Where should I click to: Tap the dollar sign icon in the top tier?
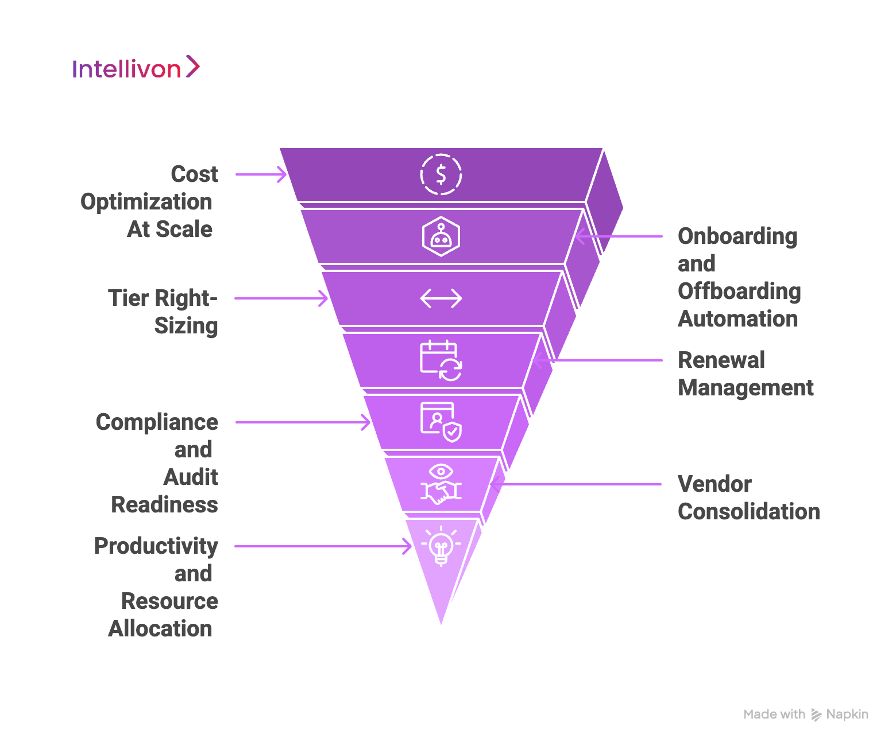pos(441,174)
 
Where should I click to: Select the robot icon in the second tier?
pos(441,236)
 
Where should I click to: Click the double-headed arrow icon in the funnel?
pos(441,298)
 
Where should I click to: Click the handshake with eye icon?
pos(441,484)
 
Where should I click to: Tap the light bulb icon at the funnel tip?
pos(441,546)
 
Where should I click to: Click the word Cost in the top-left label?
pos(194,174)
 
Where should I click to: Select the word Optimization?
pos(146,202)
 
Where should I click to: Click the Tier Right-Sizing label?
pos(163,312)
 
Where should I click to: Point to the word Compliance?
pos(157,422)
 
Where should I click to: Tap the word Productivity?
pos(156,546)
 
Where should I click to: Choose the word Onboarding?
pos(737,236)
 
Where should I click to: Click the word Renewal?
pos(721,360)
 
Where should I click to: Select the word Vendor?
pos(715,484)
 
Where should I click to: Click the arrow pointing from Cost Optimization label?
pos(261,174)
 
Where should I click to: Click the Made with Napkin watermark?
pos(806,714)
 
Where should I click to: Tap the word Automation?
pos(738,319)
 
